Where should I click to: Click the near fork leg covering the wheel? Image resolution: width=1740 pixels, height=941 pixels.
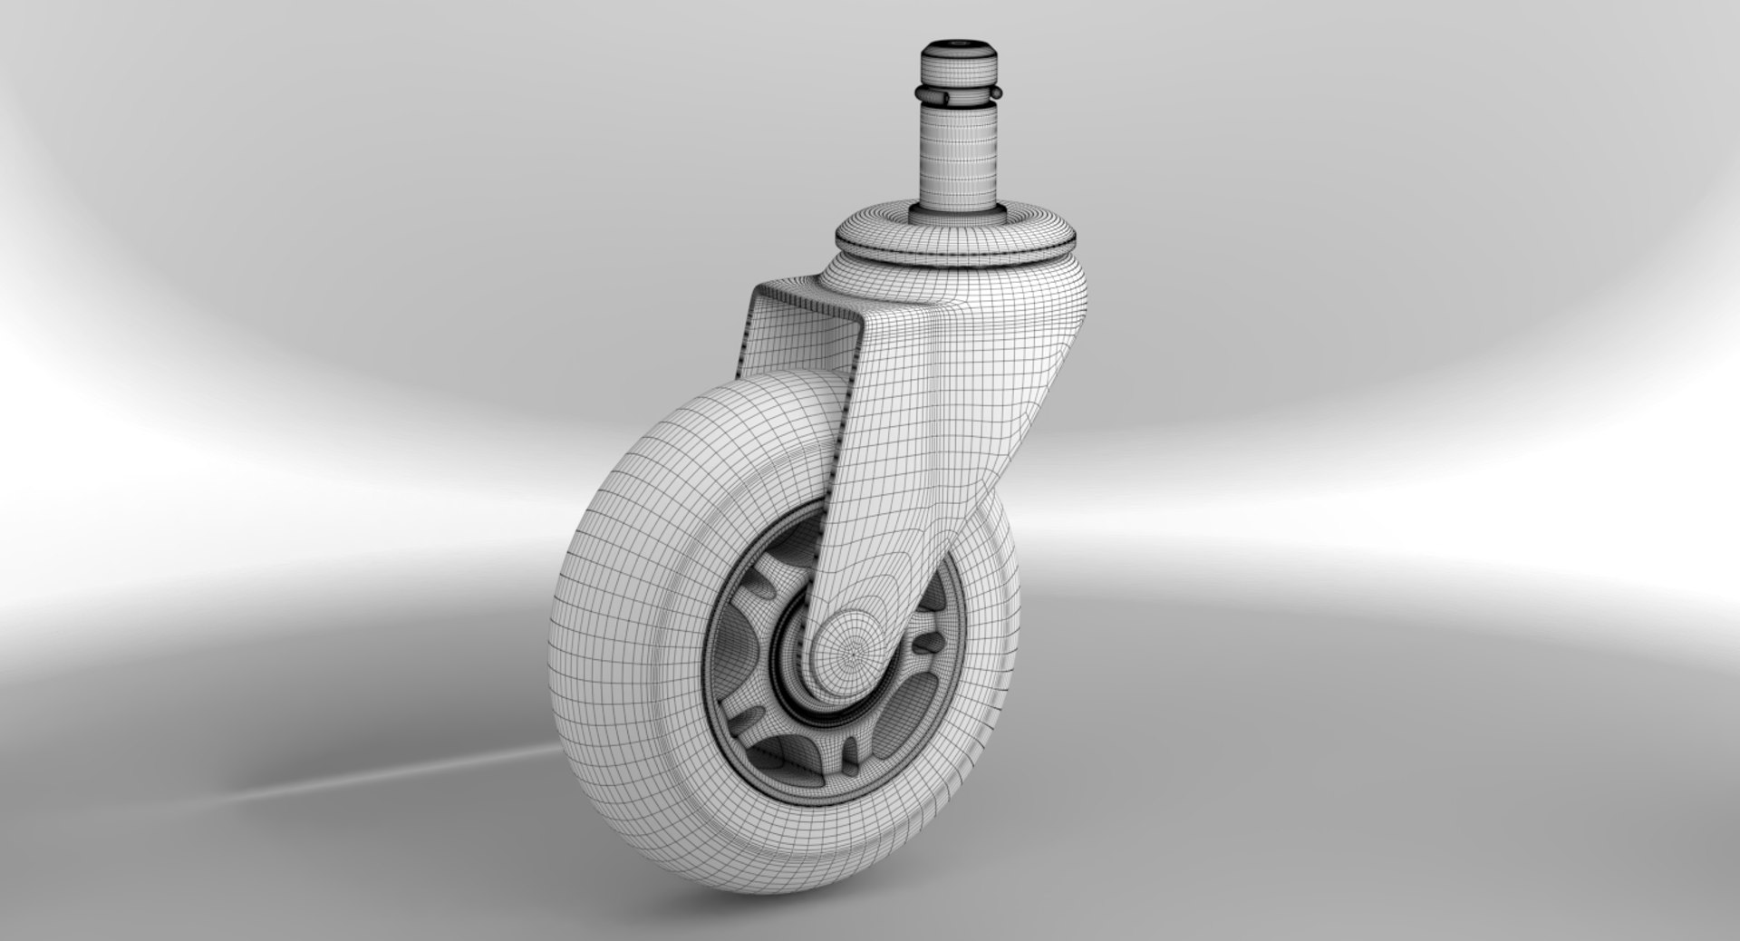(897, 453)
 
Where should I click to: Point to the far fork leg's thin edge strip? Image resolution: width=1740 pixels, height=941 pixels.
(745, 363)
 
